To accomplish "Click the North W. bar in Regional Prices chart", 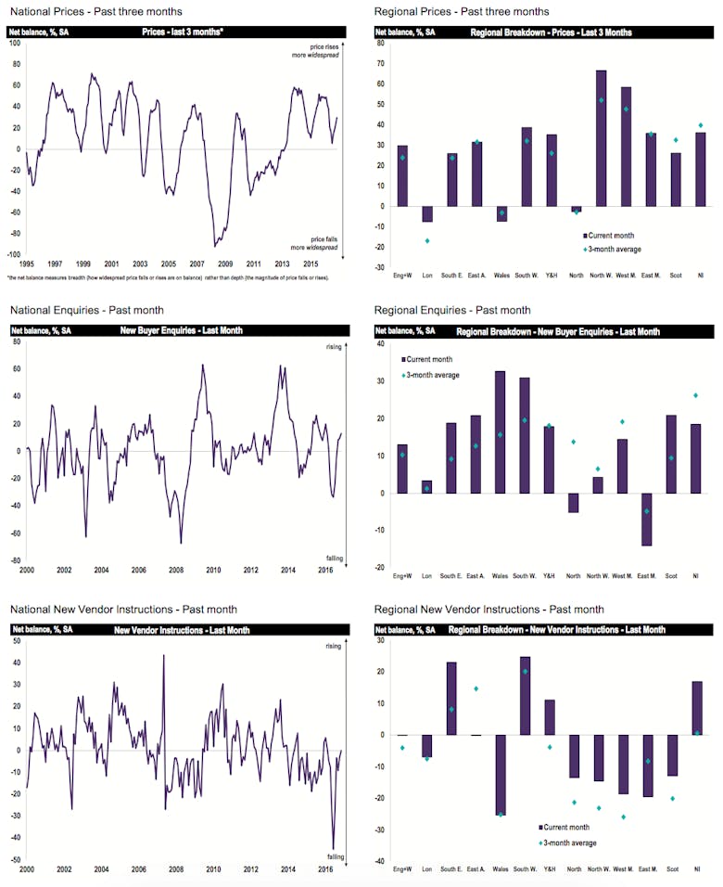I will point(602,138).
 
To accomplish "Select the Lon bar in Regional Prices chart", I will point(427,213).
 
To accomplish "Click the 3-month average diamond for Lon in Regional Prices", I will point(427,240).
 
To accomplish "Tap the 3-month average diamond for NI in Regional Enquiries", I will point(697,395).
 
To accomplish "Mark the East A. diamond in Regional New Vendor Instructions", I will point(476,688).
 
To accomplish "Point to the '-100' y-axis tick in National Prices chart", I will point(16,254).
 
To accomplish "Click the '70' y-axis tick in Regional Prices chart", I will point(382,64).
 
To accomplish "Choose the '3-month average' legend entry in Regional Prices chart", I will point(617,249).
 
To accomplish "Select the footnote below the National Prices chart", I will point(167,276).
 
